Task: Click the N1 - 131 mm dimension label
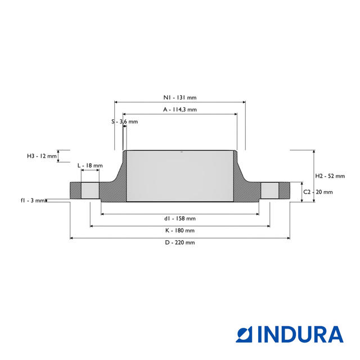click(x=180, y=97)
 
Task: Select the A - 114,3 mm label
click(x=180, y=110)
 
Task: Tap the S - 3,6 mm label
click(x=125, y=121)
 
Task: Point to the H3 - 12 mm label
click(x=42, y=156)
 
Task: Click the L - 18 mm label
click(x=90, y=165)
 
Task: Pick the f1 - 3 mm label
click(x=33, y=200)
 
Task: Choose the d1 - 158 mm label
click(x=180, y=218)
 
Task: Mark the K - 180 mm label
click(x=180, y=230)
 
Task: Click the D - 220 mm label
click(x=180, y=242)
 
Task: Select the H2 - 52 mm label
click(x=330, y=176)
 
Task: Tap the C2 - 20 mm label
click(x=318, y=192)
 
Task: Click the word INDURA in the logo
click(x=300, y=335)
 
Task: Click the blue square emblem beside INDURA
click(x=244, y=335)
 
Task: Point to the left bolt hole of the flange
click(x=90, y=191)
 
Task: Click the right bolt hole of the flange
click(x=270, y=191)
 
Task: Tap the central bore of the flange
click(x=180, y=176)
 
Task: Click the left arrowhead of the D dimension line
click(x=71, y=238)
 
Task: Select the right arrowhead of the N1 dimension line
click(x=244, y=102)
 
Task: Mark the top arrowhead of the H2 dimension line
click(x=314, y=151)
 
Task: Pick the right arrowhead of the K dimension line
click(x=268, y=226)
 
